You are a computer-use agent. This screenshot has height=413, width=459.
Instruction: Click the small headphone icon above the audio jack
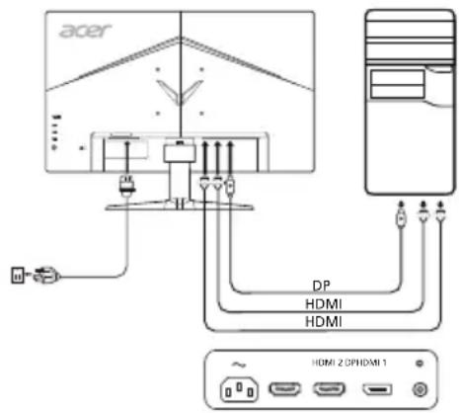(422, 364)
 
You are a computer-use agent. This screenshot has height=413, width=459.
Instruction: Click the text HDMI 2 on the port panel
(326, 364)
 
